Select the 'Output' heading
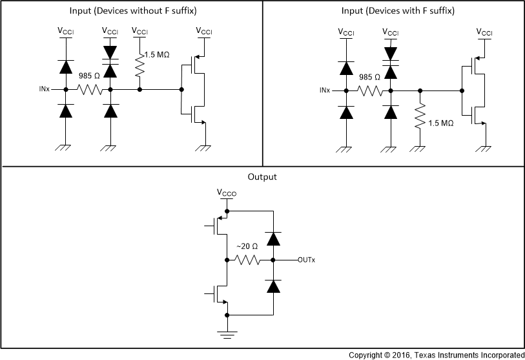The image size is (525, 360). coord(262,176)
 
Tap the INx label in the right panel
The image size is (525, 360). coord(325,90)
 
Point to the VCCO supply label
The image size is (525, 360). coord(227,193)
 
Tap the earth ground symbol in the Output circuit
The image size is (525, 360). coord(227,334)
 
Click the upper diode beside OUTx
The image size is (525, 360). coord(274,238)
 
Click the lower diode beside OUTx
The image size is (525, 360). coord(274,284)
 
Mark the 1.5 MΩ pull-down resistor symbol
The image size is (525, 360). coord(420,117)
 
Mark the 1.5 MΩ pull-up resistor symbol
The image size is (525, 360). coord(139,65)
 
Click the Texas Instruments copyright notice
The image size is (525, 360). coord(437,355)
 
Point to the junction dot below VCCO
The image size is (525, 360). coord(227,211)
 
